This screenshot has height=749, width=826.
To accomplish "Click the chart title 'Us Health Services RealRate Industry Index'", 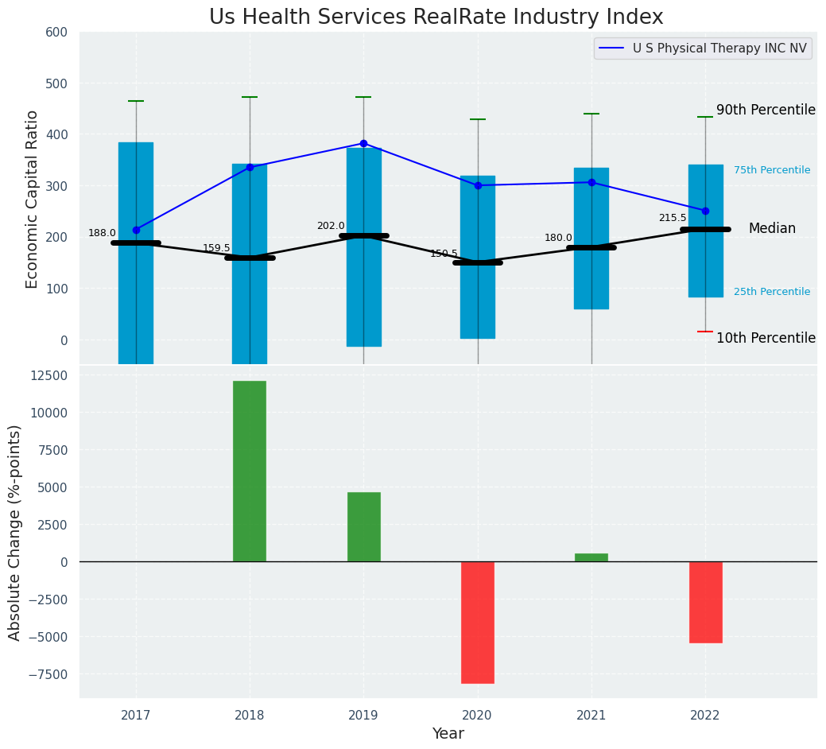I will point(436,17).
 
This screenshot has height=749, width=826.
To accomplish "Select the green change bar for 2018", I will point(250,471).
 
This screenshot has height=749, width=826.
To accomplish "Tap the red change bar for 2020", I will point(478,622).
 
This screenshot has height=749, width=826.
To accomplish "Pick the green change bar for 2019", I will point(363,526).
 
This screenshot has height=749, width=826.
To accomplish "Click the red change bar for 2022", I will point(705,602).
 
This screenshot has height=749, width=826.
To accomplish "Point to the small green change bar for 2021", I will point(591,557).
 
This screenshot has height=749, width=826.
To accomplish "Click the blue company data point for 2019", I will point(363,144).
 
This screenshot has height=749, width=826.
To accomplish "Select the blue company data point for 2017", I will point(136,230).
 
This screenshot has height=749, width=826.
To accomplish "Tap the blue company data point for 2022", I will point(705,211).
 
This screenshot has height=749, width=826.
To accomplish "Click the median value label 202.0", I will point(331,226).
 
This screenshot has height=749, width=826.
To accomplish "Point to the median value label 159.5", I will point(216,248).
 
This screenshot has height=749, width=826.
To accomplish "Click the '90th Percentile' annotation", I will point(766,111).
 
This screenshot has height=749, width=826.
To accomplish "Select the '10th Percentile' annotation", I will point(766,338).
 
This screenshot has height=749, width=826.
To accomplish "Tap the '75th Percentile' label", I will point(771,170).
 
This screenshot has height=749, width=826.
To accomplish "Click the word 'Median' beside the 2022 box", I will point(771,229).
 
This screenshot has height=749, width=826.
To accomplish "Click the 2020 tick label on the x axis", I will point(478,716).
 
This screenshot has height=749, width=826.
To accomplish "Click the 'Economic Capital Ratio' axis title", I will point(33,199).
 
